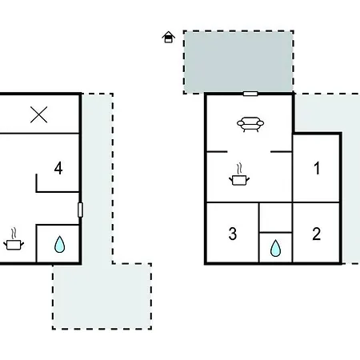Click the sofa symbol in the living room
click(x=250, y=124)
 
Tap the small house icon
click(x=169, y=37)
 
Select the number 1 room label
click(x=317, y=168)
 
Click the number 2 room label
click(x=316, y=234)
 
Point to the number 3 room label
click(x=233, y=234)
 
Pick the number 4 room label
click(x=58, y=168)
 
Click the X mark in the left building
click(x=39, y=114)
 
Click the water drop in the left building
click(x=59, y=244)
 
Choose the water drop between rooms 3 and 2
click(x=275, y=248)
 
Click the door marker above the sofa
click(x=250, y=94)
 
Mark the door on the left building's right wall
click(x=80, y=210)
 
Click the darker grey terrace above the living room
click(x=238, y=62)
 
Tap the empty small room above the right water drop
click(x=275, y=218)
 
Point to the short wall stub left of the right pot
click(x=217, y=152)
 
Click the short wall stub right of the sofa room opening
click(x=282, y=152)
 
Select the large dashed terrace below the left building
click(x=102, y=296)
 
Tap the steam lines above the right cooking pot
click(x=239, y=169)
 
